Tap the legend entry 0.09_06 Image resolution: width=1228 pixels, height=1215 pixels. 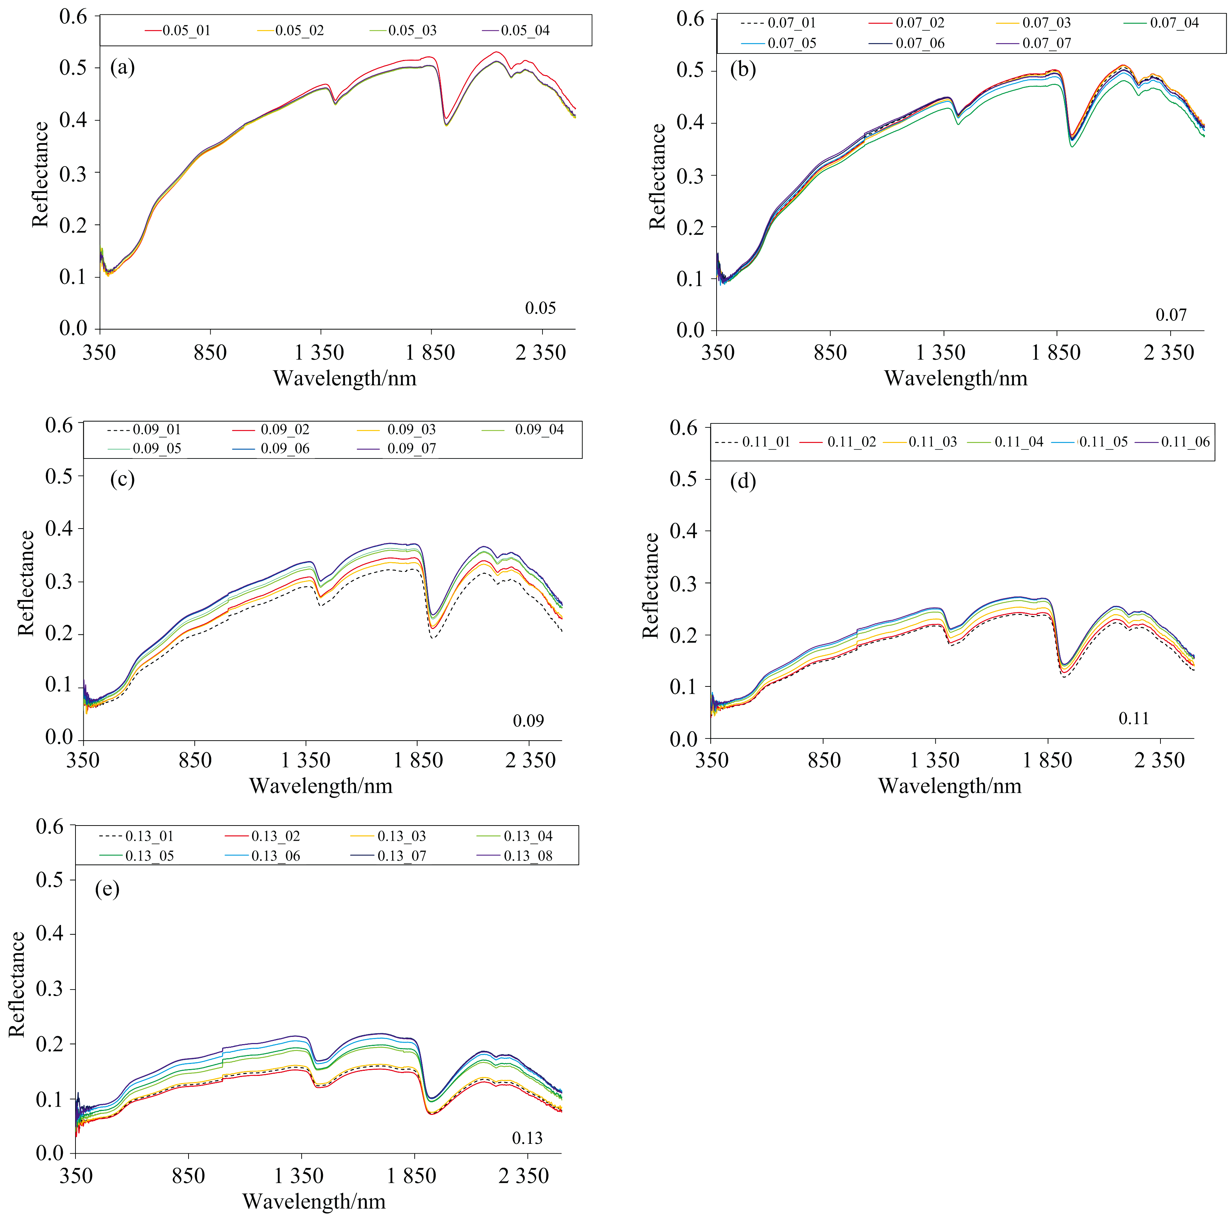[285, 448]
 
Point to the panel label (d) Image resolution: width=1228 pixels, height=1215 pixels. [743, 481]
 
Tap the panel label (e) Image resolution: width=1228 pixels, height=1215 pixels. [107, 888]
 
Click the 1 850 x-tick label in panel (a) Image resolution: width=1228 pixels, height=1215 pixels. [431, 352]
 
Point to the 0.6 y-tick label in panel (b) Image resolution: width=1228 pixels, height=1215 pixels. [690, 19]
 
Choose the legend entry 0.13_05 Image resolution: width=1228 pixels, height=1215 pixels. [150, 856]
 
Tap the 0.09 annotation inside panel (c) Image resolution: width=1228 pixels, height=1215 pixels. [528, 720]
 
